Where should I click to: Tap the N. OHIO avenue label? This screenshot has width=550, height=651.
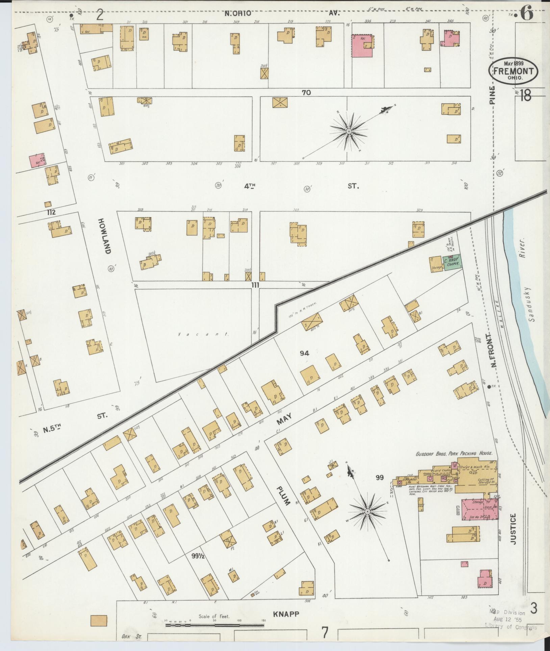tap(239, 14)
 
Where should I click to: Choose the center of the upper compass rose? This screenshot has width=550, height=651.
tap(349, 131)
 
